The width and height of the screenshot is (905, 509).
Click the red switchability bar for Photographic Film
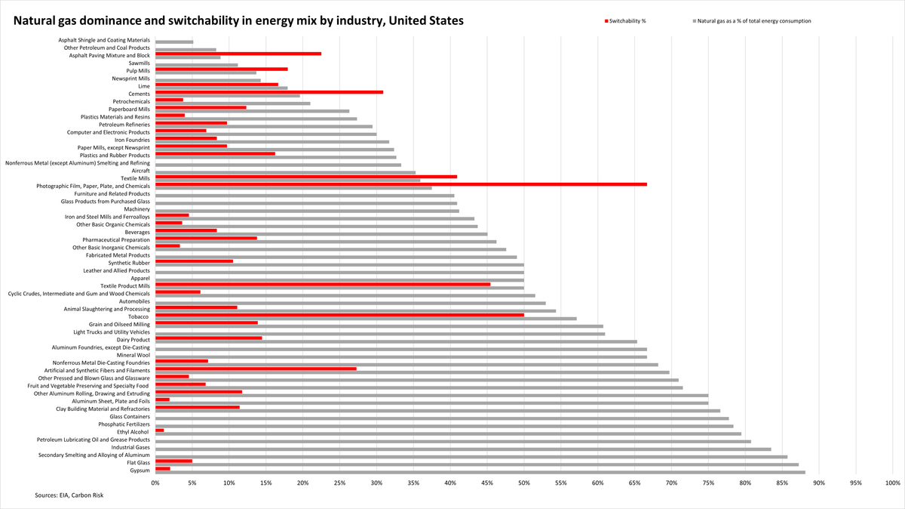point(400,184)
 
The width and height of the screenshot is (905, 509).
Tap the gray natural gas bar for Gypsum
point(480,472)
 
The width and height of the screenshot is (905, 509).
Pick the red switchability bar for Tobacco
point(339,315)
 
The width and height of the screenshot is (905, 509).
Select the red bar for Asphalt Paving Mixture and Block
point(238,54)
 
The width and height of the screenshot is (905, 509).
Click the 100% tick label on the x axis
point(892,482)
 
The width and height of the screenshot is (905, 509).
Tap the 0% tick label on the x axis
point(155,482)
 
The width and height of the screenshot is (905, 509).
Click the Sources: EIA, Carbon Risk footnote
point(69,495)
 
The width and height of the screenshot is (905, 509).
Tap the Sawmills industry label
point(139,63)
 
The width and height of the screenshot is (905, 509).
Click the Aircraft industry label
point(140,171)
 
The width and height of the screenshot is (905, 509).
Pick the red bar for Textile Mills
point(306,177)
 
